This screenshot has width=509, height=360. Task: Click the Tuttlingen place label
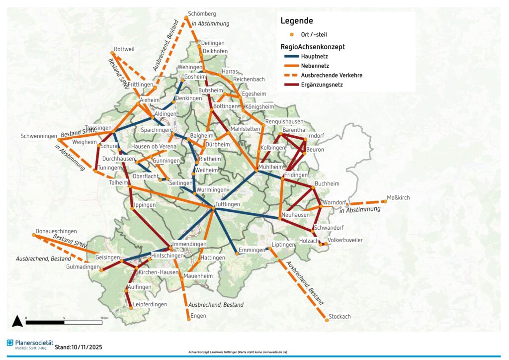pyautogui.click(x=228, y=204)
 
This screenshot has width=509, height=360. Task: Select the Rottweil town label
pyautogui.click(x=124, y=49)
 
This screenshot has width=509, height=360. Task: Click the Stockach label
pyautogui.click(x=340, y=316)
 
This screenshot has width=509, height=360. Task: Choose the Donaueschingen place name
pyautogui.click(x=56, y=231)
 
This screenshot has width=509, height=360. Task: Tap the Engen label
pyautogui.click(x=198, y=316)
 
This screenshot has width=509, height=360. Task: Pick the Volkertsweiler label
pyautogui.click(x=345, y=240)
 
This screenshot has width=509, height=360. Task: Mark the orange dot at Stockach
pyautogui.click(x=327, y=320)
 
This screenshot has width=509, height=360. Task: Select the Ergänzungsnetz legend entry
pyautogui.click(x=322, y=85)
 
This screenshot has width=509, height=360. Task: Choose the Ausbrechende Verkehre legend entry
pyautogui.click(x=331, y=75)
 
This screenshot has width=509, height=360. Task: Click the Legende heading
pyautogui.click(x=296, y=21)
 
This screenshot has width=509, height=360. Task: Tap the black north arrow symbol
pyautogui.click(x=17, y=321)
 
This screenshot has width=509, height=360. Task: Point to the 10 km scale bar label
pyautogui.click(x=104, y=318)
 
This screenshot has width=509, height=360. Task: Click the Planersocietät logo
pyautogui.click(x=30, y=344)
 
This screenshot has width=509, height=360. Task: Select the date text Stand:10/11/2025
pyautogui.click(x=79, y=347)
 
